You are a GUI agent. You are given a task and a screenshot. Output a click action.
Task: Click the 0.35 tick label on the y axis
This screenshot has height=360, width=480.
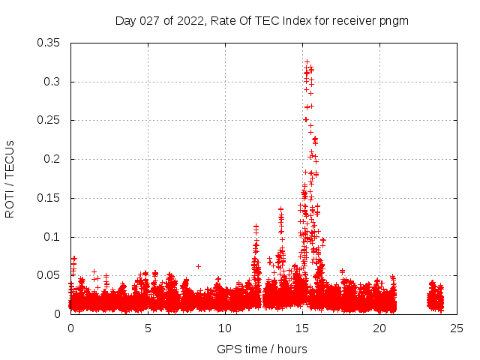49,43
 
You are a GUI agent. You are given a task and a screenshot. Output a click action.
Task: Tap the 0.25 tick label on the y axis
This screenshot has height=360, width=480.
49,120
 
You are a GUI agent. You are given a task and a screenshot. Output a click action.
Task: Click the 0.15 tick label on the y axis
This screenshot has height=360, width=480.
49,198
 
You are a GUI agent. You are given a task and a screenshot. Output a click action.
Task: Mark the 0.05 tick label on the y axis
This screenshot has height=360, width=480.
49,275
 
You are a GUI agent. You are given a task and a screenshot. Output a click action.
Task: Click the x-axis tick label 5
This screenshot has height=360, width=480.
148,328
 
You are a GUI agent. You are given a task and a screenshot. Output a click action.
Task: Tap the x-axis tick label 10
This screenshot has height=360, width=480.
225,328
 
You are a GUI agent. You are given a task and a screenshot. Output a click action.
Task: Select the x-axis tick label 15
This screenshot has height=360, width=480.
302,328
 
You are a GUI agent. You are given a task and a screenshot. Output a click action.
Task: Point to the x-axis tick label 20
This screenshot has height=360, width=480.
379,328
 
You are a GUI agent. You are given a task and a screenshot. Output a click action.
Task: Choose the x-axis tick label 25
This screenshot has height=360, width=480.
457,328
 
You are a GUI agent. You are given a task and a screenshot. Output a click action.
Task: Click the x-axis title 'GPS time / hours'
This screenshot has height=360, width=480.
262,349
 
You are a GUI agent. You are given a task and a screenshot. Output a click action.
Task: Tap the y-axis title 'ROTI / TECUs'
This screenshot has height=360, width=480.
10,179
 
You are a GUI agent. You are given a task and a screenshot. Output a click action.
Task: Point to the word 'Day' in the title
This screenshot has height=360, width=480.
125,21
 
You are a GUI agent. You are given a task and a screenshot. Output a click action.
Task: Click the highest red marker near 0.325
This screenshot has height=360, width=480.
307,62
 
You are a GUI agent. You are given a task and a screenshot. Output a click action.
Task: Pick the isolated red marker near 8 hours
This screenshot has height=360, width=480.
198,266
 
